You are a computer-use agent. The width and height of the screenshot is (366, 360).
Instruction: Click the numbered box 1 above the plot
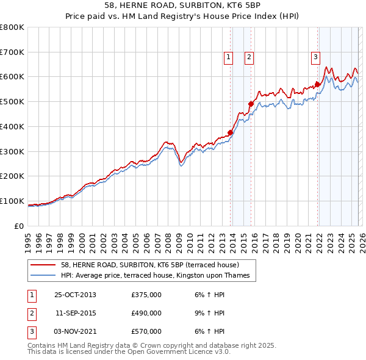coord(228,58)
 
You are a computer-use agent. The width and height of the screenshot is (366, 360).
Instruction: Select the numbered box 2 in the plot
coord(249,58)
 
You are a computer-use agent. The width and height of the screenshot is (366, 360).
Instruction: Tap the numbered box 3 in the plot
coord(315,58)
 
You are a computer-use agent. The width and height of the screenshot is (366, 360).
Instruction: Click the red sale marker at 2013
coord(230,132)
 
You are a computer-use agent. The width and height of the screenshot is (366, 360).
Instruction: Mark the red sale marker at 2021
coord(317,84)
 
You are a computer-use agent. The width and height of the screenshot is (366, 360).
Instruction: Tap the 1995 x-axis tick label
coord(28,240)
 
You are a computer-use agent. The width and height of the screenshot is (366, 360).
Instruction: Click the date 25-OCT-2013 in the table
coord(75,295)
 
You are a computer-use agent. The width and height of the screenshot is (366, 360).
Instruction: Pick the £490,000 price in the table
coord(146,313)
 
